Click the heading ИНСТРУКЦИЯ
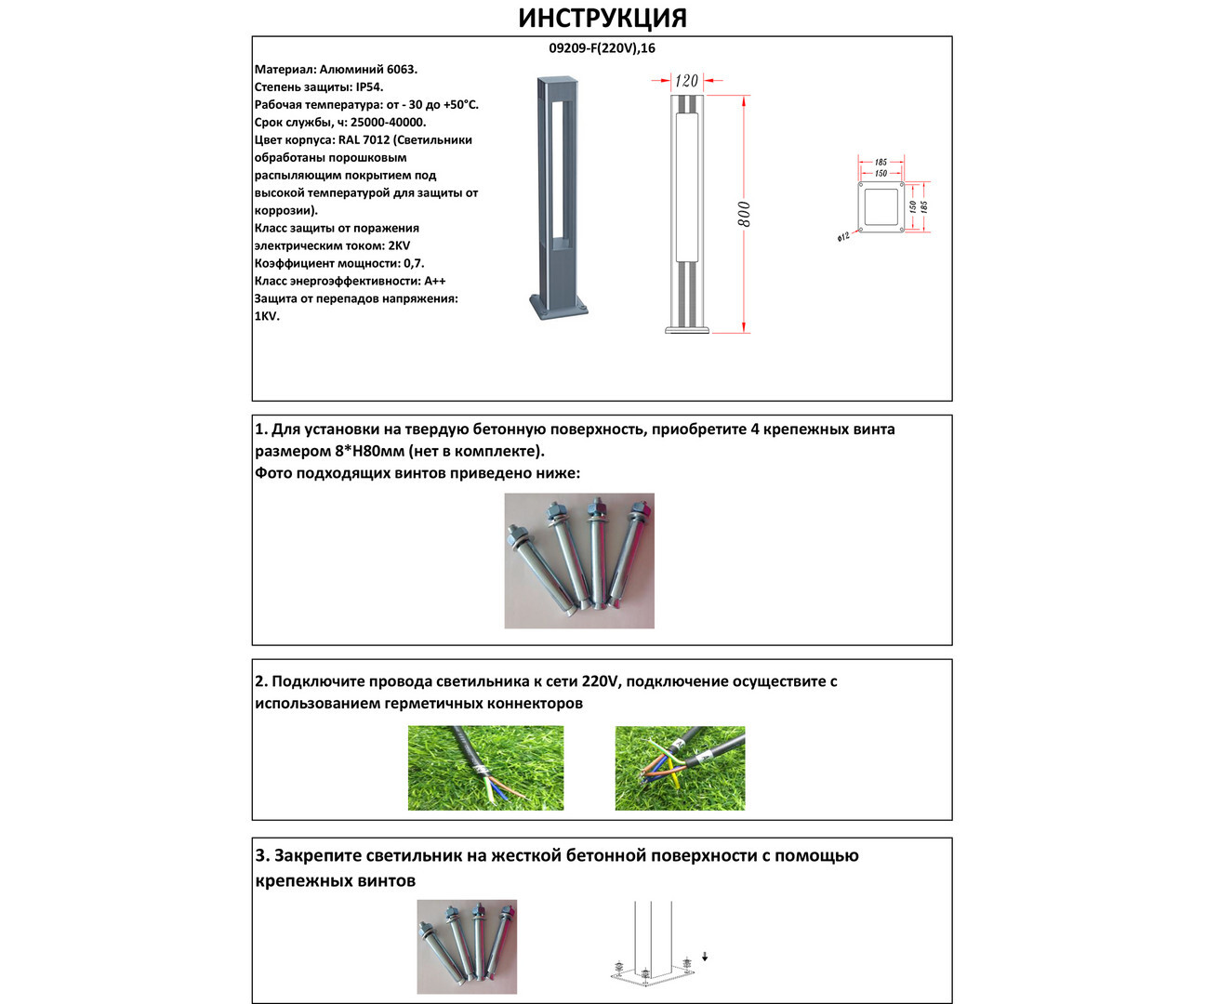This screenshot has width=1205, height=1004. click(x=602, y=19)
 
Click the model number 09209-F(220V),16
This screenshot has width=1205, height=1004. click(x=602, y=48)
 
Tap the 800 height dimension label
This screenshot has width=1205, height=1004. click(x=745, y=214)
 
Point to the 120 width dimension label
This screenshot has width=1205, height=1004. click(x=686, y=81)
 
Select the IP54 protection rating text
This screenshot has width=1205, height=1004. click(x=369, y=86)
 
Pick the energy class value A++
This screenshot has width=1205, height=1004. click(x=434, y=281)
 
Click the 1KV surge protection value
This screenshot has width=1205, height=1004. click(x=267, y=316)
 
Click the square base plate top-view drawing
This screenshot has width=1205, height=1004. click(x=880, y=206)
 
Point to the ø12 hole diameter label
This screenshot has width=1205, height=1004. click(x=843, y=237)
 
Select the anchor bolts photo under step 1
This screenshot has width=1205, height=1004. click(x=579, y=561)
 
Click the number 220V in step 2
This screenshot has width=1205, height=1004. click(x=601, y=681)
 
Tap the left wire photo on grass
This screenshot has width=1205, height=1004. click(x=485, y=768)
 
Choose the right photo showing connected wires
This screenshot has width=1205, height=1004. click(x=680, y=768)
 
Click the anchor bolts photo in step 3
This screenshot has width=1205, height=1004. click(x=467, y=946)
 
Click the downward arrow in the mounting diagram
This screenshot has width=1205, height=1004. click(x=705, y=956)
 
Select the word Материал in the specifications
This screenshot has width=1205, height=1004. click(x=284, y=69)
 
